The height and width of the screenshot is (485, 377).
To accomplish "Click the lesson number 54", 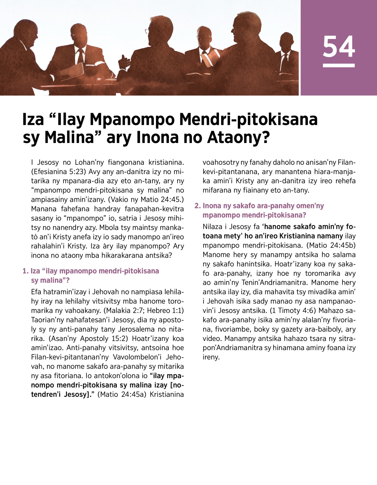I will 339,47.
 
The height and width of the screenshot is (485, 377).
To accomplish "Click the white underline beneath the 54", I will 339,65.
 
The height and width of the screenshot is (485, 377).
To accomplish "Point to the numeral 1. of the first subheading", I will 25,271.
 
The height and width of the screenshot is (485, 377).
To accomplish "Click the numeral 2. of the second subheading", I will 197,206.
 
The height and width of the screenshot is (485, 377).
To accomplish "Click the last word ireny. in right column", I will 211,357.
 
